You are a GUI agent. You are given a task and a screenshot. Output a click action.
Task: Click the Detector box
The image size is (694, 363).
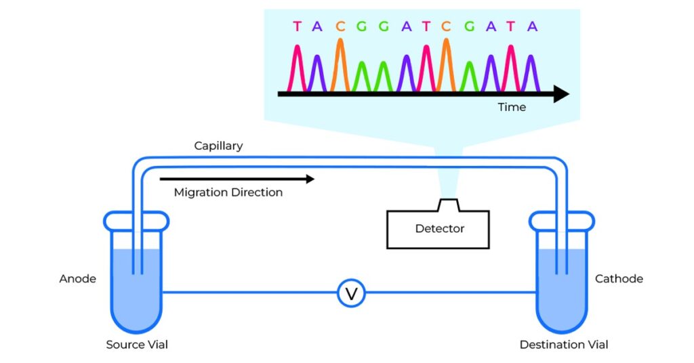click(x=439, y=229)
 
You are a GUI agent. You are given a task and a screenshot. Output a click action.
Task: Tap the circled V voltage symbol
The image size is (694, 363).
click(x=351, y=293)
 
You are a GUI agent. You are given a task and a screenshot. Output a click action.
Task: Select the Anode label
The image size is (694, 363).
click(x=78, y=279)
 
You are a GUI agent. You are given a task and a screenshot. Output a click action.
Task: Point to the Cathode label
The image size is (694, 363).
click(x=619, y=279)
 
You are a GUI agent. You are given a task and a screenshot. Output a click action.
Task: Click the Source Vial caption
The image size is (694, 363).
click(x=137, y=345)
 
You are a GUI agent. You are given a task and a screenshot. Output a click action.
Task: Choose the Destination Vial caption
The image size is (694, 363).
click(x=564, y=345)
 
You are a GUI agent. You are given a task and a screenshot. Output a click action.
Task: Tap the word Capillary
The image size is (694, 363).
click(x=218, y=146)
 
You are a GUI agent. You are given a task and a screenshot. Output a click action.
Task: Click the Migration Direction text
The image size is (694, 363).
click(x=228, y=192)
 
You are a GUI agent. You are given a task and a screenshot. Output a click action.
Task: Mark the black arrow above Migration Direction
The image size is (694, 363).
click(x=237, y=179)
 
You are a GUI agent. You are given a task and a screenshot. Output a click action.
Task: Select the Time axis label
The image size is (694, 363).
click(x=512, y=107)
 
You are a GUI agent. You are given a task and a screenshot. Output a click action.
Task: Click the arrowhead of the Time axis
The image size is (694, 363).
click(x=560, y=94)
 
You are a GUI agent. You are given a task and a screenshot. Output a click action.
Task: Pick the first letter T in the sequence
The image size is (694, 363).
click(x=297, y=26)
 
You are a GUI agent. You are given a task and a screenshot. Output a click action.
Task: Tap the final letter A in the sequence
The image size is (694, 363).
click(x=533, y=26)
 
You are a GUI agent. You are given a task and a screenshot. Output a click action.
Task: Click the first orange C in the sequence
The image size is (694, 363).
click(x=340, y=26)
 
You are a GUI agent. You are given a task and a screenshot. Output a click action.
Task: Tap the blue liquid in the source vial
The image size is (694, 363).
click(x=136, y=284)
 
